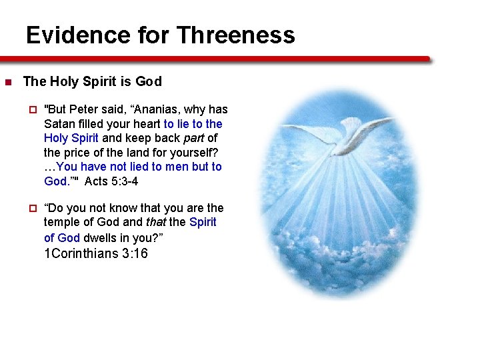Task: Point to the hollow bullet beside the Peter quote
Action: tap(31, 109)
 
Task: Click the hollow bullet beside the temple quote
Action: tap(31, 208)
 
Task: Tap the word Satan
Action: tap(60, 124)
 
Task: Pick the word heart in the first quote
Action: tap(145, 124)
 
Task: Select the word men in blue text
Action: tap(176, 167)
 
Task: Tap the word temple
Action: tap(61, 222)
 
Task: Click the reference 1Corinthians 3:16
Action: tap(95, 253)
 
